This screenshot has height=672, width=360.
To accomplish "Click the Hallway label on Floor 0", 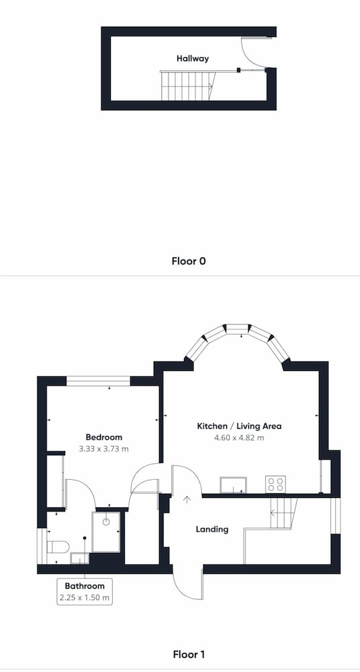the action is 193,58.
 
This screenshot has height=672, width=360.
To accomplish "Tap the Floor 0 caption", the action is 189,261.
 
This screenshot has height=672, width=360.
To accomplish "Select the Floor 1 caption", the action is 189,655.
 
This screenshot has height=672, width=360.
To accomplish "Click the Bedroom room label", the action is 103,437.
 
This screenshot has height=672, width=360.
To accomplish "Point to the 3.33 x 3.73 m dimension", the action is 103,449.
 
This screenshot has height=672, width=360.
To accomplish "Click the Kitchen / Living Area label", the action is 239,427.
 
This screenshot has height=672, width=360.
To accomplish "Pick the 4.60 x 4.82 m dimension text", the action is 239,438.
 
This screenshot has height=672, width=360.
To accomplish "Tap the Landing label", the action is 212,530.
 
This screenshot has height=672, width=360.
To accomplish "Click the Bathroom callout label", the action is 85,586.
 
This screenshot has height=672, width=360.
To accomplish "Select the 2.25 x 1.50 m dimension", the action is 85,597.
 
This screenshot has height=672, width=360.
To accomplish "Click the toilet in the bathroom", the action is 58,547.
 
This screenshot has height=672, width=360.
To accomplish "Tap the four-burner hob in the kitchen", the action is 275,485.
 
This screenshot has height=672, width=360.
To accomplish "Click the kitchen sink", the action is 233,485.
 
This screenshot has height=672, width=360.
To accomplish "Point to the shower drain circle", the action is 106,521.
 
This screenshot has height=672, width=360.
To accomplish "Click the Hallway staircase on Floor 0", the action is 188,86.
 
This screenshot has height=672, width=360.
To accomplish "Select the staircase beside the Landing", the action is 283,513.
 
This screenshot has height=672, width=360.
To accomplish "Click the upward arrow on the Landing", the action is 187,499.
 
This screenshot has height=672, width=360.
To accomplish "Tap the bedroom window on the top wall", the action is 98,381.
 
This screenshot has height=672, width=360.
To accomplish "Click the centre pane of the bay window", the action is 238,329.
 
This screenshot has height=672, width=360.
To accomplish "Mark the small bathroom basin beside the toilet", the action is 80,558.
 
